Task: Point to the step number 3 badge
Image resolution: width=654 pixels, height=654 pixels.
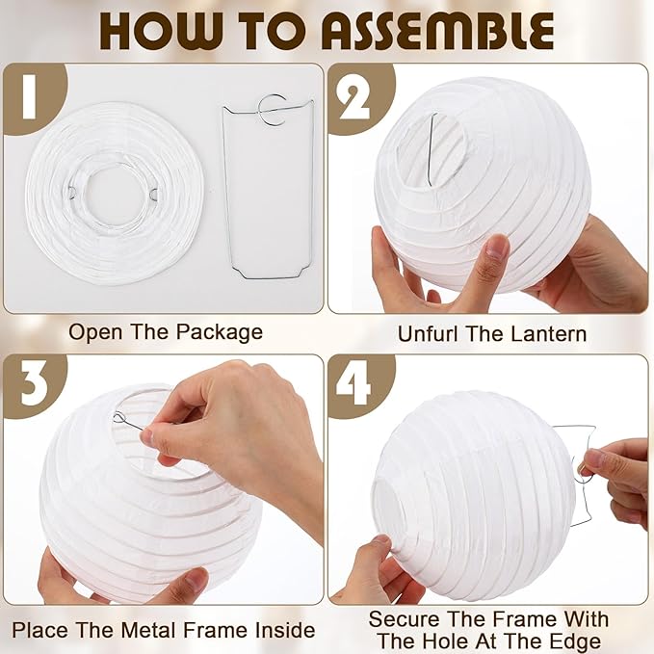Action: tap(29, 383)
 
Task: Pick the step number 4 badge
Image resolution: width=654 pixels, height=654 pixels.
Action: tap(354, 383)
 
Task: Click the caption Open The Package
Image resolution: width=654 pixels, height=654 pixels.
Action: tap(165, 332)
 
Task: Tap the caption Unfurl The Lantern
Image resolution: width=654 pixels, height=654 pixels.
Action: tap(492, 334)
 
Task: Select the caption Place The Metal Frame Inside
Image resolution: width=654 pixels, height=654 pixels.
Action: tap(164, 630)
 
